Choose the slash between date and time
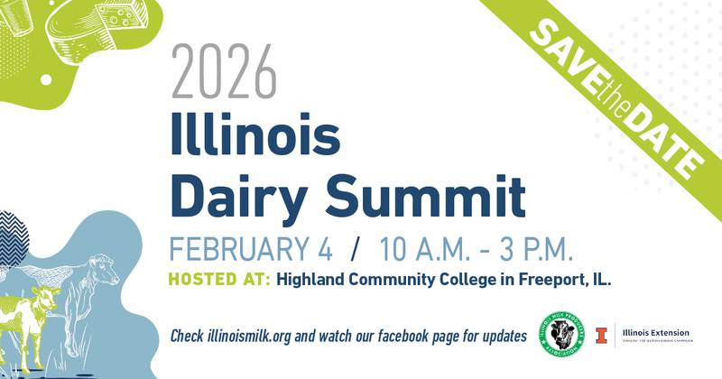point(356,246)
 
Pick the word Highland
point(312,280)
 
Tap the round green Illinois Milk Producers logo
point(568,333)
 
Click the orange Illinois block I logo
point(600,334)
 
